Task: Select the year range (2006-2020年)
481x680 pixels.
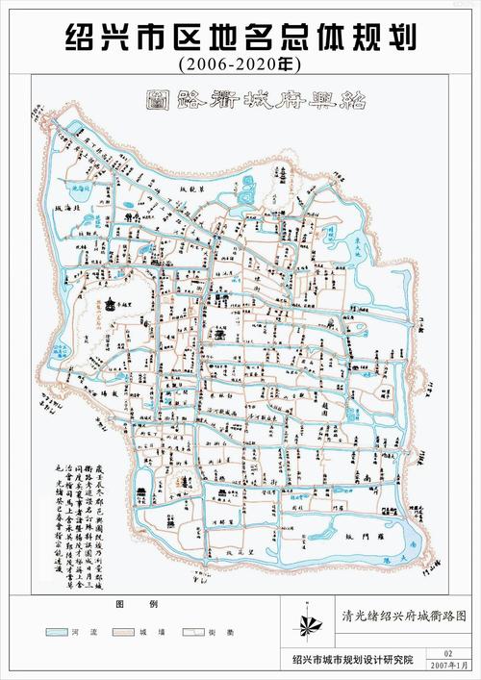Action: click(240, 65)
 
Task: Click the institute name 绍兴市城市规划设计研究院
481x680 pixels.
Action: click(353, 660)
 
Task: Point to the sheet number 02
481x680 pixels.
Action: click(447, 653)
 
